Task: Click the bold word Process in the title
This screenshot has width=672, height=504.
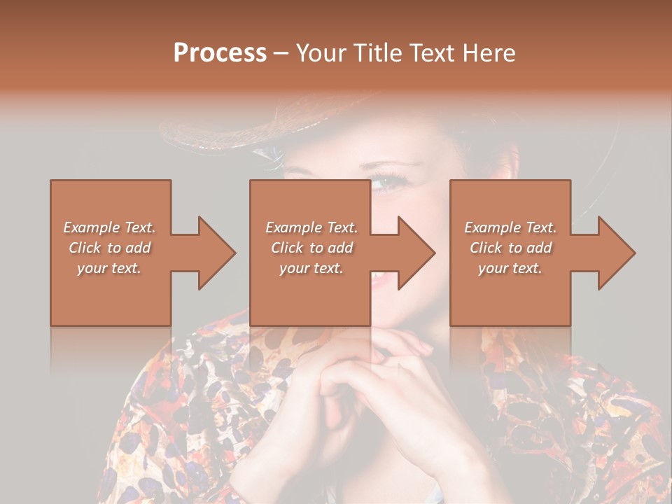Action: coord(220,53)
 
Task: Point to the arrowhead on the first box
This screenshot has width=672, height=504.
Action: coord(213,253)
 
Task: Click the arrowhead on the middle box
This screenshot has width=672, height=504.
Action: coord(413,253)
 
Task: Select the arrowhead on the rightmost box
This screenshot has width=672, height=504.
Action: coord(613,253)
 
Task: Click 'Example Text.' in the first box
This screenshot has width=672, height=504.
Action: coord(109,227)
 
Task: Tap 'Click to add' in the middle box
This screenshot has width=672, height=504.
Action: coord(311,248)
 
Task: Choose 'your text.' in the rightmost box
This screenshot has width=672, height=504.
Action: coord(510,268)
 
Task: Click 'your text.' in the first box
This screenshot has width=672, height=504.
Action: coord(109,268)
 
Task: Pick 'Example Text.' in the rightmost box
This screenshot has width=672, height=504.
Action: coord(510,227)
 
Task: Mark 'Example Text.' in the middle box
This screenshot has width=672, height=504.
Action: coord(311,227)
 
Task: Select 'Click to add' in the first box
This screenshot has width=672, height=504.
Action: coord(109,248)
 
